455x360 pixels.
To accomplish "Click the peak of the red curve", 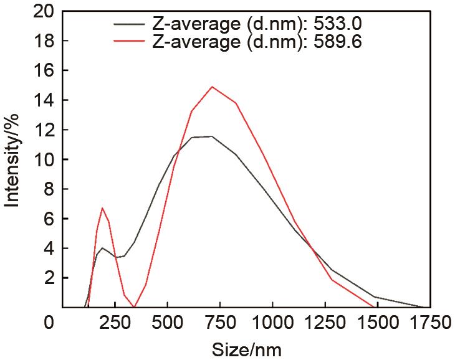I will (x=213, y=87).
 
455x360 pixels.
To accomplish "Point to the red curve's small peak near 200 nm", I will (x=102, y=208).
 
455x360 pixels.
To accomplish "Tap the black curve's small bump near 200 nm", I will (x=102, y=248).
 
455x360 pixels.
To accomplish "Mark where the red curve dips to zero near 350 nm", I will (x=134, y=306).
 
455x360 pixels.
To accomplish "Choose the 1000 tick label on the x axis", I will (x=272, y=323).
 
